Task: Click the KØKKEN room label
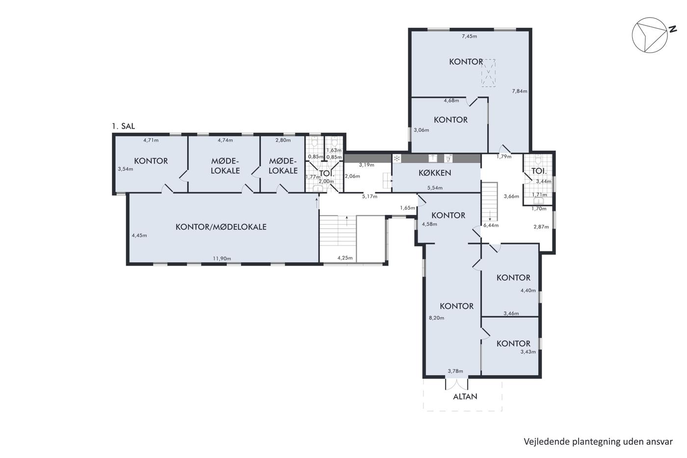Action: tap(435, 173)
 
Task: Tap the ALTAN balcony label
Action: tap(465, 397)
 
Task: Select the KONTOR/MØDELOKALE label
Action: tap(221, 227)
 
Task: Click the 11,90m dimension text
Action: tap(222, 259)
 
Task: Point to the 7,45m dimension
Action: tap(469, 36)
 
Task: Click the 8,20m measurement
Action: tap(436, 318)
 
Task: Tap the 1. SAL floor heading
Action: tap(123, 126)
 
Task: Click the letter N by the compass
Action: tap(673, 29)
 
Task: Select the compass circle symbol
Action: tap(650, 35)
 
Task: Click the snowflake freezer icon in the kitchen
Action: tap(397, 159)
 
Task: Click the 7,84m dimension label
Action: tap(520, 91)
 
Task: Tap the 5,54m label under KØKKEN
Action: tap(435, 188)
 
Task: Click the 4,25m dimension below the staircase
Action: tap(345, 258)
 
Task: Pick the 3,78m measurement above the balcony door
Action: tap(455, 371)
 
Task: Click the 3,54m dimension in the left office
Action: tap(126, 169)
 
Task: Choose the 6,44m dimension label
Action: tap(491, 225)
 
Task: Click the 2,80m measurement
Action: tap(283, 140)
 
